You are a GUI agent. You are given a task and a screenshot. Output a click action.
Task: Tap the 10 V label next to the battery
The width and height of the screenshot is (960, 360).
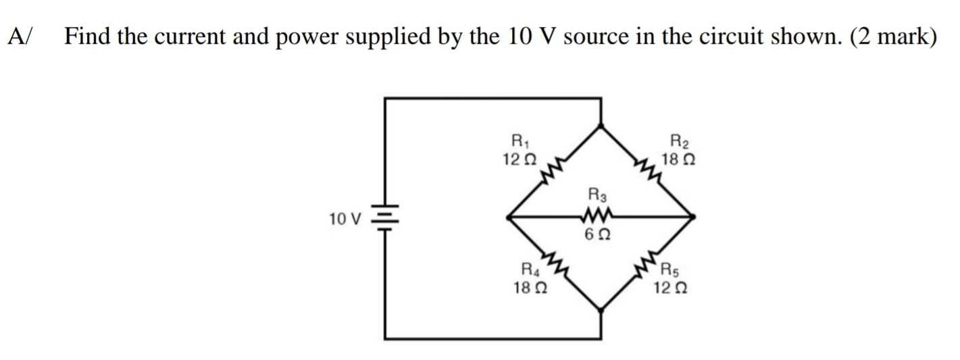point(346,219)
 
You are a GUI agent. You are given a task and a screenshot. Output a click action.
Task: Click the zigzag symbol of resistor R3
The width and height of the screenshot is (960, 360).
point(599,217)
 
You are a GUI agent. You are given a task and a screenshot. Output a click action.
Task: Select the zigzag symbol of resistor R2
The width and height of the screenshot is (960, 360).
point(645,174)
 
